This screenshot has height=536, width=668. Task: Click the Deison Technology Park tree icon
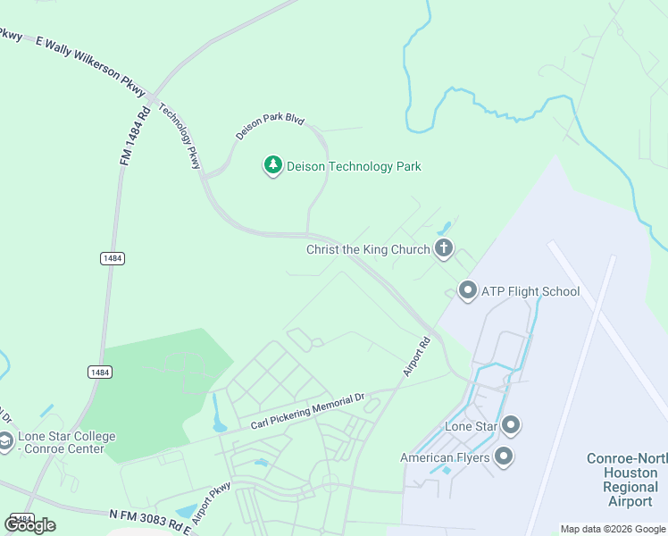[x=272, y=166]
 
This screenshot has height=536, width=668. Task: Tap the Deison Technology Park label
[x=354, y=166]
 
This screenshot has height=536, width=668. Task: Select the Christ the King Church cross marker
[x=444, y=249]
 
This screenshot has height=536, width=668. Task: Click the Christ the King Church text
[x=368, y=249]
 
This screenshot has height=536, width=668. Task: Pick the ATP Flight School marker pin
[x=467, y=291]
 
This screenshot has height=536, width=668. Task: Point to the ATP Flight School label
[x=530, y=291]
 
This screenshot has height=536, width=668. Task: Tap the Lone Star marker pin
[x=511, y=425]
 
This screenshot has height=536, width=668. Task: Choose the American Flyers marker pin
[x=504, y=457]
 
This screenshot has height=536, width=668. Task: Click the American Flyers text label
[x=445, y=458]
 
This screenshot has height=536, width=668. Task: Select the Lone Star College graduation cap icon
[x=6, y=442]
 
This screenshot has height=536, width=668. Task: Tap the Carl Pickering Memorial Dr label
[x=309, y=411]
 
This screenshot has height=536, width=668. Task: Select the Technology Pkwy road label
[x=180, y=136]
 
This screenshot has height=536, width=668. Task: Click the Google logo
[x=30, y=524]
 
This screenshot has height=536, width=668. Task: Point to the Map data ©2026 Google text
[x=613, y=529]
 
